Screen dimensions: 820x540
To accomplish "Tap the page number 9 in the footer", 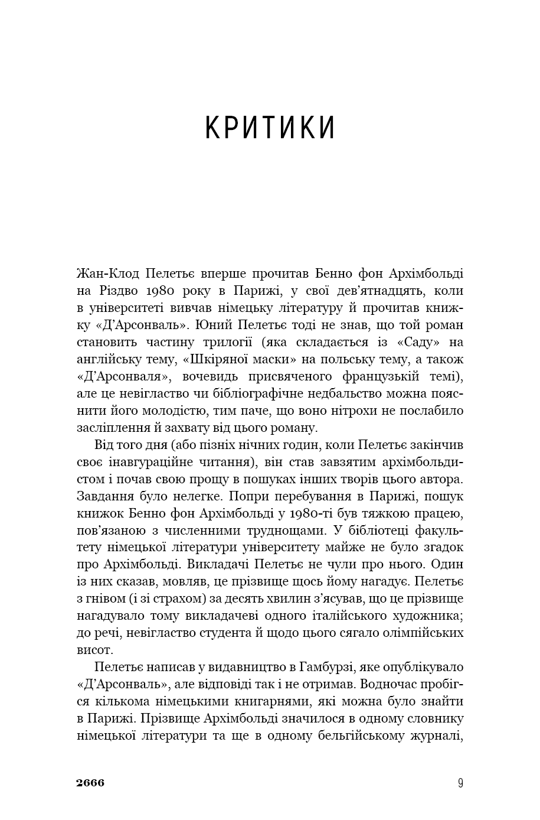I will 460,783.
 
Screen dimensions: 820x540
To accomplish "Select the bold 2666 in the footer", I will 90,783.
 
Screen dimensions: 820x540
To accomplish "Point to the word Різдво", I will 116,291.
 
